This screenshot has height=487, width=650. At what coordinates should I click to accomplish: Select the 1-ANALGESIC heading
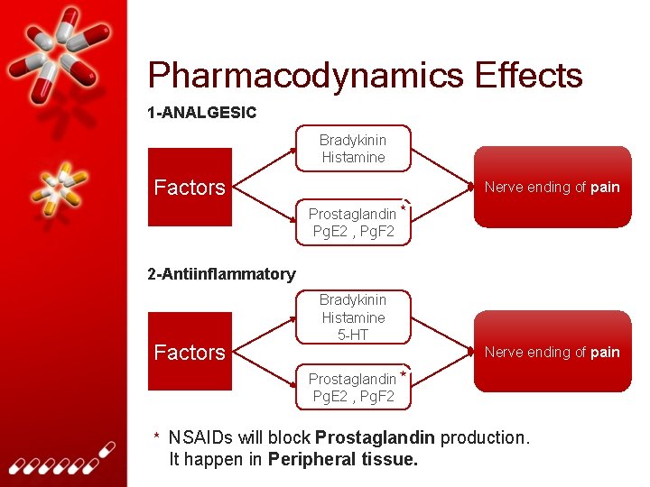[x=201, y=113]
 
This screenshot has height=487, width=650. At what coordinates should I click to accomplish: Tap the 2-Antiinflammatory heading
[x=221, y=273]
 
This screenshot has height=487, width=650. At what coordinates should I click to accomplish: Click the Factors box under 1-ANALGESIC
[x=190, y=188]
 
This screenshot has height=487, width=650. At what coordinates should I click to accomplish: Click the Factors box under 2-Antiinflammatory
[x=190, y=353]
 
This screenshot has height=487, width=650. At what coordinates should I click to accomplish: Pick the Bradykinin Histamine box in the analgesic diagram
[x=352, y=149]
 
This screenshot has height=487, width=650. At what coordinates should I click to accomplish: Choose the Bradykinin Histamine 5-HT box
[x=352, y=317]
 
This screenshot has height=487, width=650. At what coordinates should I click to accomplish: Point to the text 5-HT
[x=352, y=335]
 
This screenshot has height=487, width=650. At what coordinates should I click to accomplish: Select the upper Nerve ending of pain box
[x=552, y=188]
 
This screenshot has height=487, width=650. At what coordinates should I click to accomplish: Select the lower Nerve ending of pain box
[x=552, y=352]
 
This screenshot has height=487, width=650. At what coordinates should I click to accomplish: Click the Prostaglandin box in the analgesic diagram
[x=352, y=222]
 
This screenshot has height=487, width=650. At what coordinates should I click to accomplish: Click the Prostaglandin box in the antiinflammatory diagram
[x=352, y=387]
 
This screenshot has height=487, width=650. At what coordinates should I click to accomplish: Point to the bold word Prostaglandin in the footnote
[x=375, y=438]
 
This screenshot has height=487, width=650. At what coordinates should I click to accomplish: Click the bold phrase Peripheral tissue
[x=343, y=459]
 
